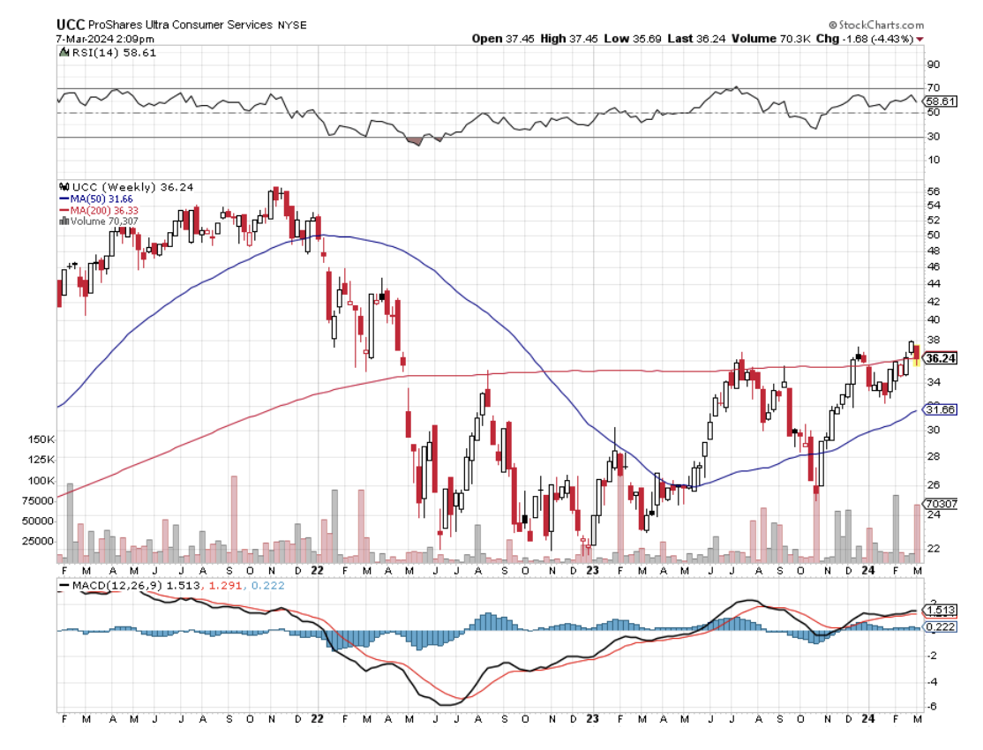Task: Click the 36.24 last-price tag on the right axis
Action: [941, 358]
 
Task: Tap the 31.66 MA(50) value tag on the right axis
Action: [941, 409]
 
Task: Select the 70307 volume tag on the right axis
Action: [942, 503]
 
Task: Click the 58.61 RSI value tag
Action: [941, 101]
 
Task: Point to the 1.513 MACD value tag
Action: [940, 610]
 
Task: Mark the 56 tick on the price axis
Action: [933, 191]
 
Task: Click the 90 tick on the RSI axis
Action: [933, 64]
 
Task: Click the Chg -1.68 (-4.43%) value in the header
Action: [869, 39]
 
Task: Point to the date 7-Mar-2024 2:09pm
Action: [94, 39]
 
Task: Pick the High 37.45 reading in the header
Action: [565, 39]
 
